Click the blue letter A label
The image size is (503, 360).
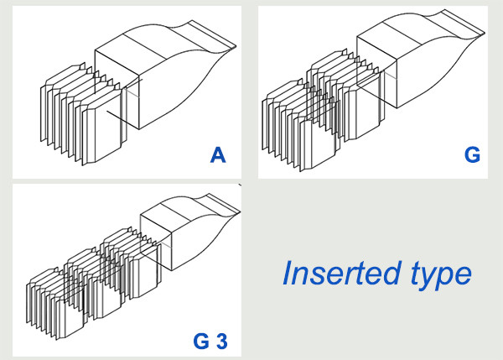coord(218,155)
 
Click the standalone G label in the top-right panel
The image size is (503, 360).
coord(472,155)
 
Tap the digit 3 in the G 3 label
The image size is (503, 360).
coord(222,341)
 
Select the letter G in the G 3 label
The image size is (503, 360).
coord(201,341)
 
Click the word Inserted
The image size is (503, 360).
coord(342,274)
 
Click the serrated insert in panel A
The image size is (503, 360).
coord(84,114)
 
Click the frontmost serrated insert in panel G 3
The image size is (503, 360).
coord(54,304)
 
